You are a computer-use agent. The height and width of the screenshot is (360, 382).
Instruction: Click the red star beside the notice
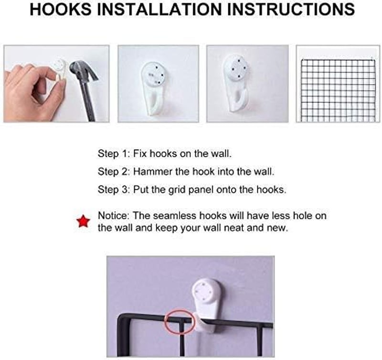click(x=83, y=221)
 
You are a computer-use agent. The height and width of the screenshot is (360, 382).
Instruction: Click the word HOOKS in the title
click(x=61, y=9)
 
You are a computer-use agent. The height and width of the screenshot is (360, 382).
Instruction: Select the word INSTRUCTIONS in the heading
click(x=291, y=9)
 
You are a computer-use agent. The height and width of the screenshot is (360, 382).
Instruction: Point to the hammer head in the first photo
click(x=83, y=71)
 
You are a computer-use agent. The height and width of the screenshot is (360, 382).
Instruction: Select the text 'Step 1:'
click(x=114, y=153)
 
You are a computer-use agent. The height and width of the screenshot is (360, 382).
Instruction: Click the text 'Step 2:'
click(x=114, y=172)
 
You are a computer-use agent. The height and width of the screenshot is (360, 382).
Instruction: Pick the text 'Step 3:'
click(x=114, y=190)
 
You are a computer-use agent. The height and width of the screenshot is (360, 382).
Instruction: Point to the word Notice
click(x=113, y=216)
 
